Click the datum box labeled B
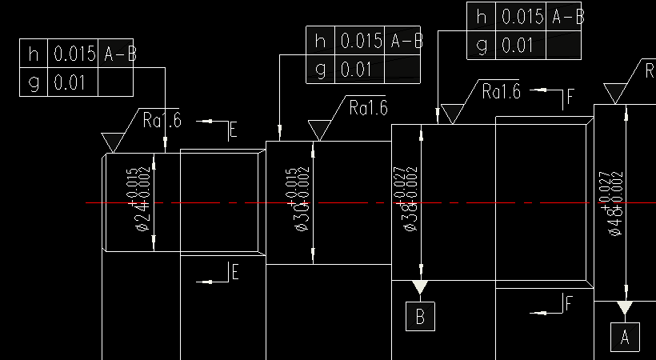(x=420, y=317)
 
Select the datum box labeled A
(x=625, y=338)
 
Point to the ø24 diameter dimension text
(x=138, y=199)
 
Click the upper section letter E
(x=234, y=130)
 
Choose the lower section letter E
(x=234, y=273)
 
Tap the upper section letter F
(x=570, y=98)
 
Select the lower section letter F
(x=569, y=303)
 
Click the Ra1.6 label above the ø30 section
(x=368, y=107)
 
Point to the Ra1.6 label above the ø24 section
(x=162, y=121)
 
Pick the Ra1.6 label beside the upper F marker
(x=501, y=92)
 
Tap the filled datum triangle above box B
(x=420, y=286)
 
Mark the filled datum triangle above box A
(x=625, y=307)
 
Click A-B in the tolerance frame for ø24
(x=119, y=54)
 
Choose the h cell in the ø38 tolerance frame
(x=481, y=16)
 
